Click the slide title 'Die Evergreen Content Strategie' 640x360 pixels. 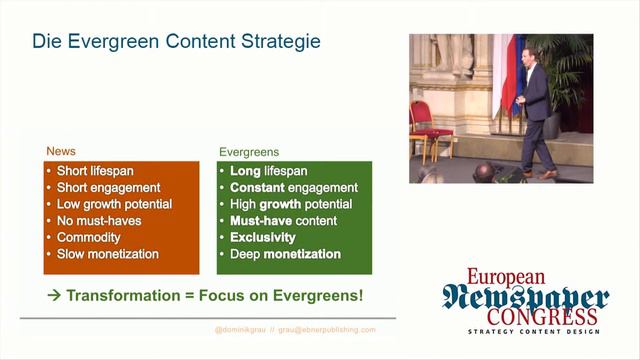(176, 42)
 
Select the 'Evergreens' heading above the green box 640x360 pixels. (249, 152)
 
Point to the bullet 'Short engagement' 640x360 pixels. (108, 187)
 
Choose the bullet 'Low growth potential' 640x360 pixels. (114, 204)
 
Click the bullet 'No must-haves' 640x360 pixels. (99, 221)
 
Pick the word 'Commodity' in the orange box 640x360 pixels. (88, 237)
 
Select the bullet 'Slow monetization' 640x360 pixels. (107, 254)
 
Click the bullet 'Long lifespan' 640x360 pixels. (269, 171)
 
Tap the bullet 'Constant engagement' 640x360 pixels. (293, 187)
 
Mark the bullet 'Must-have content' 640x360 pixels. (283, 221)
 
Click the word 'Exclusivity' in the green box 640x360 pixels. (263, 237)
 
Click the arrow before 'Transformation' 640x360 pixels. (55, 296)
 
